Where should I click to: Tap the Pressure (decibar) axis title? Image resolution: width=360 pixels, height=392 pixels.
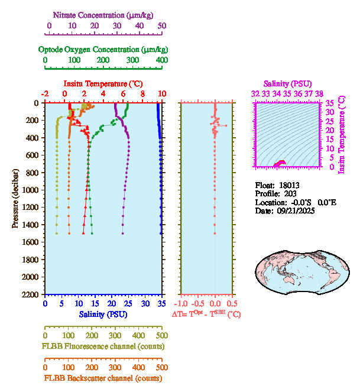[15, 198]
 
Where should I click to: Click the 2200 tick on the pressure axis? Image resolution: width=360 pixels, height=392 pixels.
[32, 294]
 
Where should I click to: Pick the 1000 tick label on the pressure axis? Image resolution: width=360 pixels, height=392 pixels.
[32, 190]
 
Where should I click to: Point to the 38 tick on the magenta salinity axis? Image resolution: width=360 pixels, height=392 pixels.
[319, 93]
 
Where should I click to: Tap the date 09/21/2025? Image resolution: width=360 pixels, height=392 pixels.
[294, 210]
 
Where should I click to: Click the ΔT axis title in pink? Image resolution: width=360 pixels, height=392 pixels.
[206, 314]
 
